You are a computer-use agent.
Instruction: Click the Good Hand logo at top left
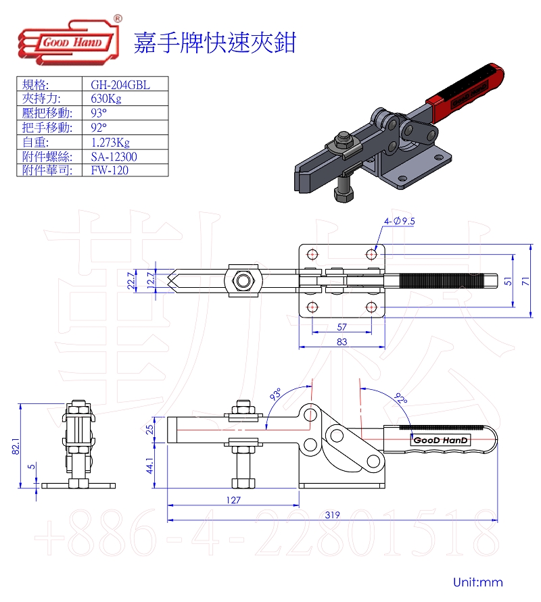coord(70,41)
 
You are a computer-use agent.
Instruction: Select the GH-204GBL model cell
coord(120,84)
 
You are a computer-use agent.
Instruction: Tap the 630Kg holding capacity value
coord(106,99)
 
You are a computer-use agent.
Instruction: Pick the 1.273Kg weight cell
coord(110,143)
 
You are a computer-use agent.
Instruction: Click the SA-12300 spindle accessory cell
coord(114,157)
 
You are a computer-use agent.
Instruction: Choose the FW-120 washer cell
coord(110,170)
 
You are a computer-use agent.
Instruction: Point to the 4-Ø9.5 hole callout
coord(399,221)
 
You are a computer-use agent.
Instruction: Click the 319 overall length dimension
coord(332,515)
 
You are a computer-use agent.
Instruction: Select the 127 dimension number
coord(233,500)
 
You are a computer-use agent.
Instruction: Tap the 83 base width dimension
coord(342,342)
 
